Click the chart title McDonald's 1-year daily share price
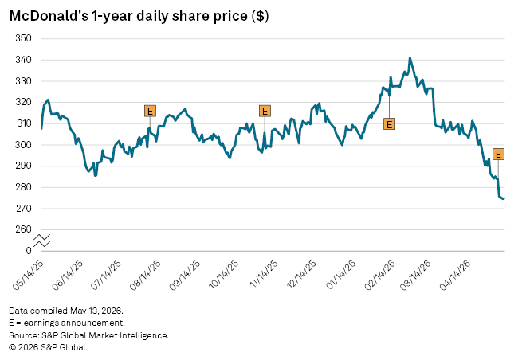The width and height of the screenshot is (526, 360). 139,16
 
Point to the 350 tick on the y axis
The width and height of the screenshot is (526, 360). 23,38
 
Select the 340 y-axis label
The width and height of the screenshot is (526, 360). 23,60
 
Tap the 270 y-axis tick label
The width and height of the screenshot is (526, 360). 23,209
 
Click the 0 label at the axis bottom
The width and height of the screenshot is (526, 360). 29,251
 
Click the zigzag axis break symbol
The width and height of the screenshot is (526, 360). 42,241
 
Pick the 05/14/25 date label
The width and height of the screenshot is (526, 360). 28,275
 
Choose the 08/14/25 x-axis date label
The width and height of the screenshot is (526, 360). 145,275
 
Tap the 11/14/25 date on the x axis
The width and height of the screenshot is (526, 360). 264,274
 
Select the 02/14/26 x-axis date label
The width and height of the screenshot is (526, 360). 380,275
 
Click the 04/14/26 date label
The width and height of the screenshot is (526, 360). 455,275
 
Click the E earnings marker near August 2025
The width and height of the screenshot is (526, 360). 150,111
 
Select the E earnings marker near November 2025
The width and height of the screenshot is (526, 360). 265,111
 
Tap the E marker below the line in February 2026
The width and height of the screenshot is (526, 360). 389,124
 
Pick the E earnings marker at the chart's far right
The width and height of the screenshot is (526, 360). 498,154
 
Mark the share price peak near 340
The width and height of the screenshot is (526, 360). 410,58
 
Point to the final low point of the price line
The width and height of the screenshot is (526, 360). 503,199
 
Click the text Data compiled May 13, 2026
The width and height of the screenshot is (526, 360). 66,311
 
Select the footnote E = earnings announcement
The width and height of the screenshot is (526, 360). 67,323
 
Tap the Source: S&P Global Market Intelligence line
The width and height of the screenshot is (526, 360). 89,335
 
